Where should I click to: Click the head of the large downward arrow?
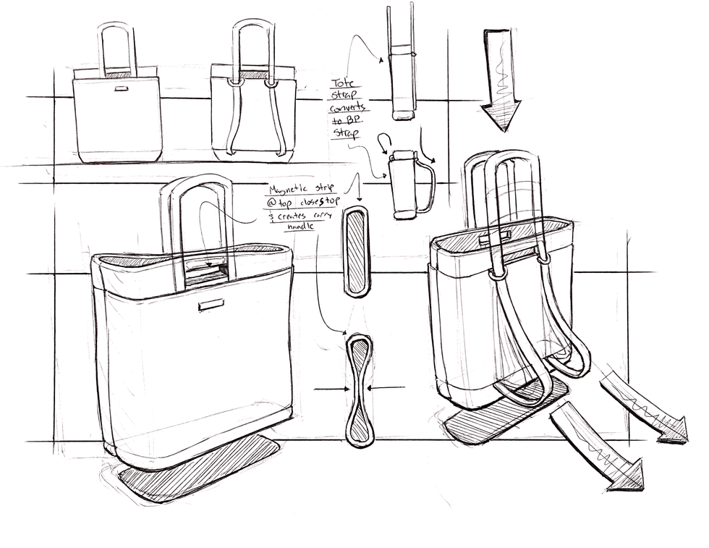point(501,115)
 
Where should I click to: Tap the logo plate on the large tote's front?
point(211,305)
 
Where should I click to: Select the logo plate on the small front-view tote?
point(120,89)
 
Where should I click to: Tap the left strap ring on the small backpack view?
point(234,83)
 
